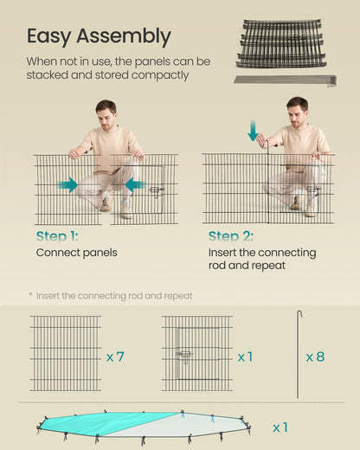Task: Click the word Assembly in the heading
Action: [124, 36]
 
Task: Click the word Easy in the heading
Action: [49, 36]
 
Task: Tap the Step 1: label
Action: [57, 236]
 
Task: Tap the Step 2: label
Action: [231, 236]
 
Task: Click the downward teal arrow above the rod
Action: [253, 131]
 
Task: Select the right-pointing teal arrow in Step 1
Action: [67, 185]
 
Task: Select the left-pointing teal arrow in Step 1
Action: [135, 185]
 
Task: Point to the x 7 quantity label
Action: [115, 357]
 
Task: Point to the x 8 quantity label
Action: [315, 357]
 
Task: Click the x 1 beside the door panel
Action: [245, 357]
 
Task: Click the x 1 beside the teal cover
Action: [280, 427]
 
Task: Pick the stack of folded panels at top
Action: [281, 43]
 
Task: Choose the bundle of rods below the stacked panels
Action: [286, 80]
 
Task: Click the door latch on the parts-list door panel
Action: [184, 355]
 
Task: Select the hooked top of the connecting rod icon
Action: [299, 312]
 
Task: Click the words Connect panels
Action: [77, 253]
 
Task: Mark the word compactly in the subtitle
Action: [160, 75]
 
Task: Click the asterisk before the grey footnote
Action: [30, 294]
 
